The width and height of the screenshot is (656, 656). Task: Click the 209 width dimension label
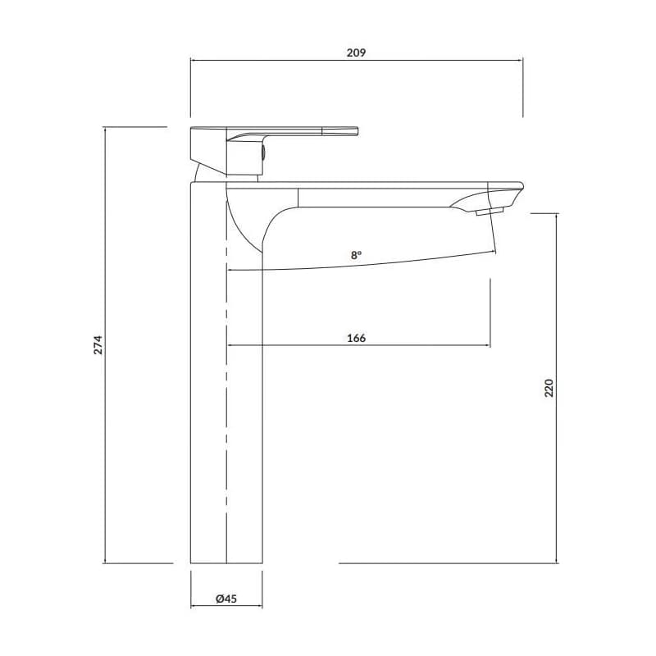pyautogui.click(x=356, y=52)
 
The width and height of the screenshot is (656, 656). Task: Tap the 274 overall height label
pyautogui.click(x=98, y=344)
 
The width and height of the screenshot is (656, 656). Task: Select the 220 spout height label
pyautogui.click(x=549, y=388)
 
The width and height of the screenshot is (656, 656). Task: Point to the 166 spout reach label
pyautogui.click(x=357, y=338)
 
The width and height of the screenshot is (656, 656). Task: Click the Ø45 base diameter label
pyautogui.click(x=226, y=599)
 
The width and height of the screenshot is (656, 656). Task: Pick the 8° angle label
pyautogui.click(x=356, y=255)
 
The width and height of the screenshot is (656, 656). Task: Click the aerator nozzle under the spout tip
pyautogui.click(x=490, y=211)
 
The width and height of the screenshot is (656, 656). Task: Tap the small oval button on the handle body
pyautogui.click(x=263, y=152)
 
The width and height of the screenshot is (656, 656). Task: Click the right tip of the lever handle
pyautogui.click(x=358, y=130)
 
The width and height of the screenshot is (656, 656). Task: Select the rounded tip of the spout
pyautogui.click(x=522, y=186)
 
